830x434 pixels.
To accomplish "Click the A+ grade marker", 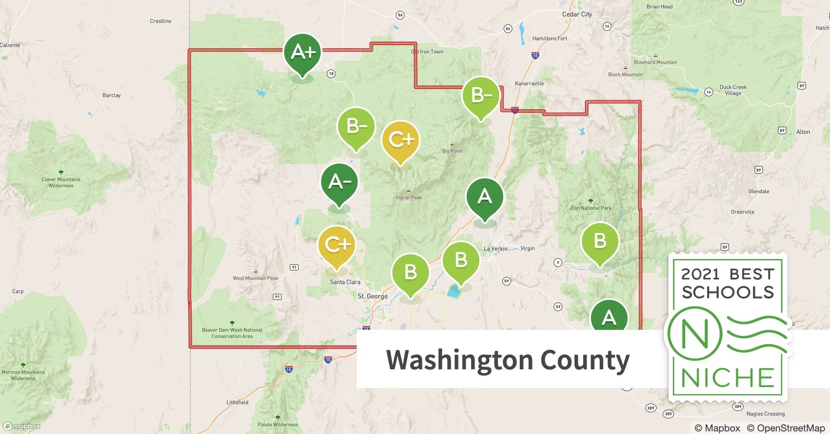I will coord(302,52).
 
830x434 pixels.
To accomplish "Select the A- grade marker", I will coord(339,182).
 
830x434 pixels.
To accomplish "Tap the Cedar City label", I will coord(577,14).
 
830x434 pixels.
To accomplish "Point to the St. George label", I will coord(372,296).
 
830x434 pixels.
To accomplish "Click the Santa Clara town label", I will coord(345,282).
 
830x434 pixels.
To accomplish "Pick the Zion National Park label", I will coord(591,208).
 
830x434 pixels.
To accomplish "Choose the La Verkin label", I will coord(495,249).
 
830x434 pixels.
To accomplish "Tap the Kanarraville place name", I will coord(529,83).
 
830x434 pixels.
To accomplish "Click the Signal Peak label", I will coord(408,197).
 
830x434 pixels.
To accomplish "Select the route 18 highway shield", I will coord(331,74).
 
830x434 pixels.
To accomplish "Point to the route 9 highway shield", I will coord(558,262).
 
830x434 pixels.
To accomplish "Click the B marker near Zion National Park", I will coord(600,241).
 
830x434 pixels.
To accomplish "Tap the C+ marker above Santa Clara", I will coord(337,245).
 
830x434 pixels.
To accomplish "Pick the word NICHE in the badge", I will coord(727,378).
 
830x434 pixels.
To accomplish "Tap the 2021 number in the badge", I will coord(700,274).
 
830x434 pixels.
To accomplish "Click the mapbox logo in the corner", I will coord(22,426).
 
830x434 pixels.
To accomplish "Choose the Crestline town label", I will coord(160,21).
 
